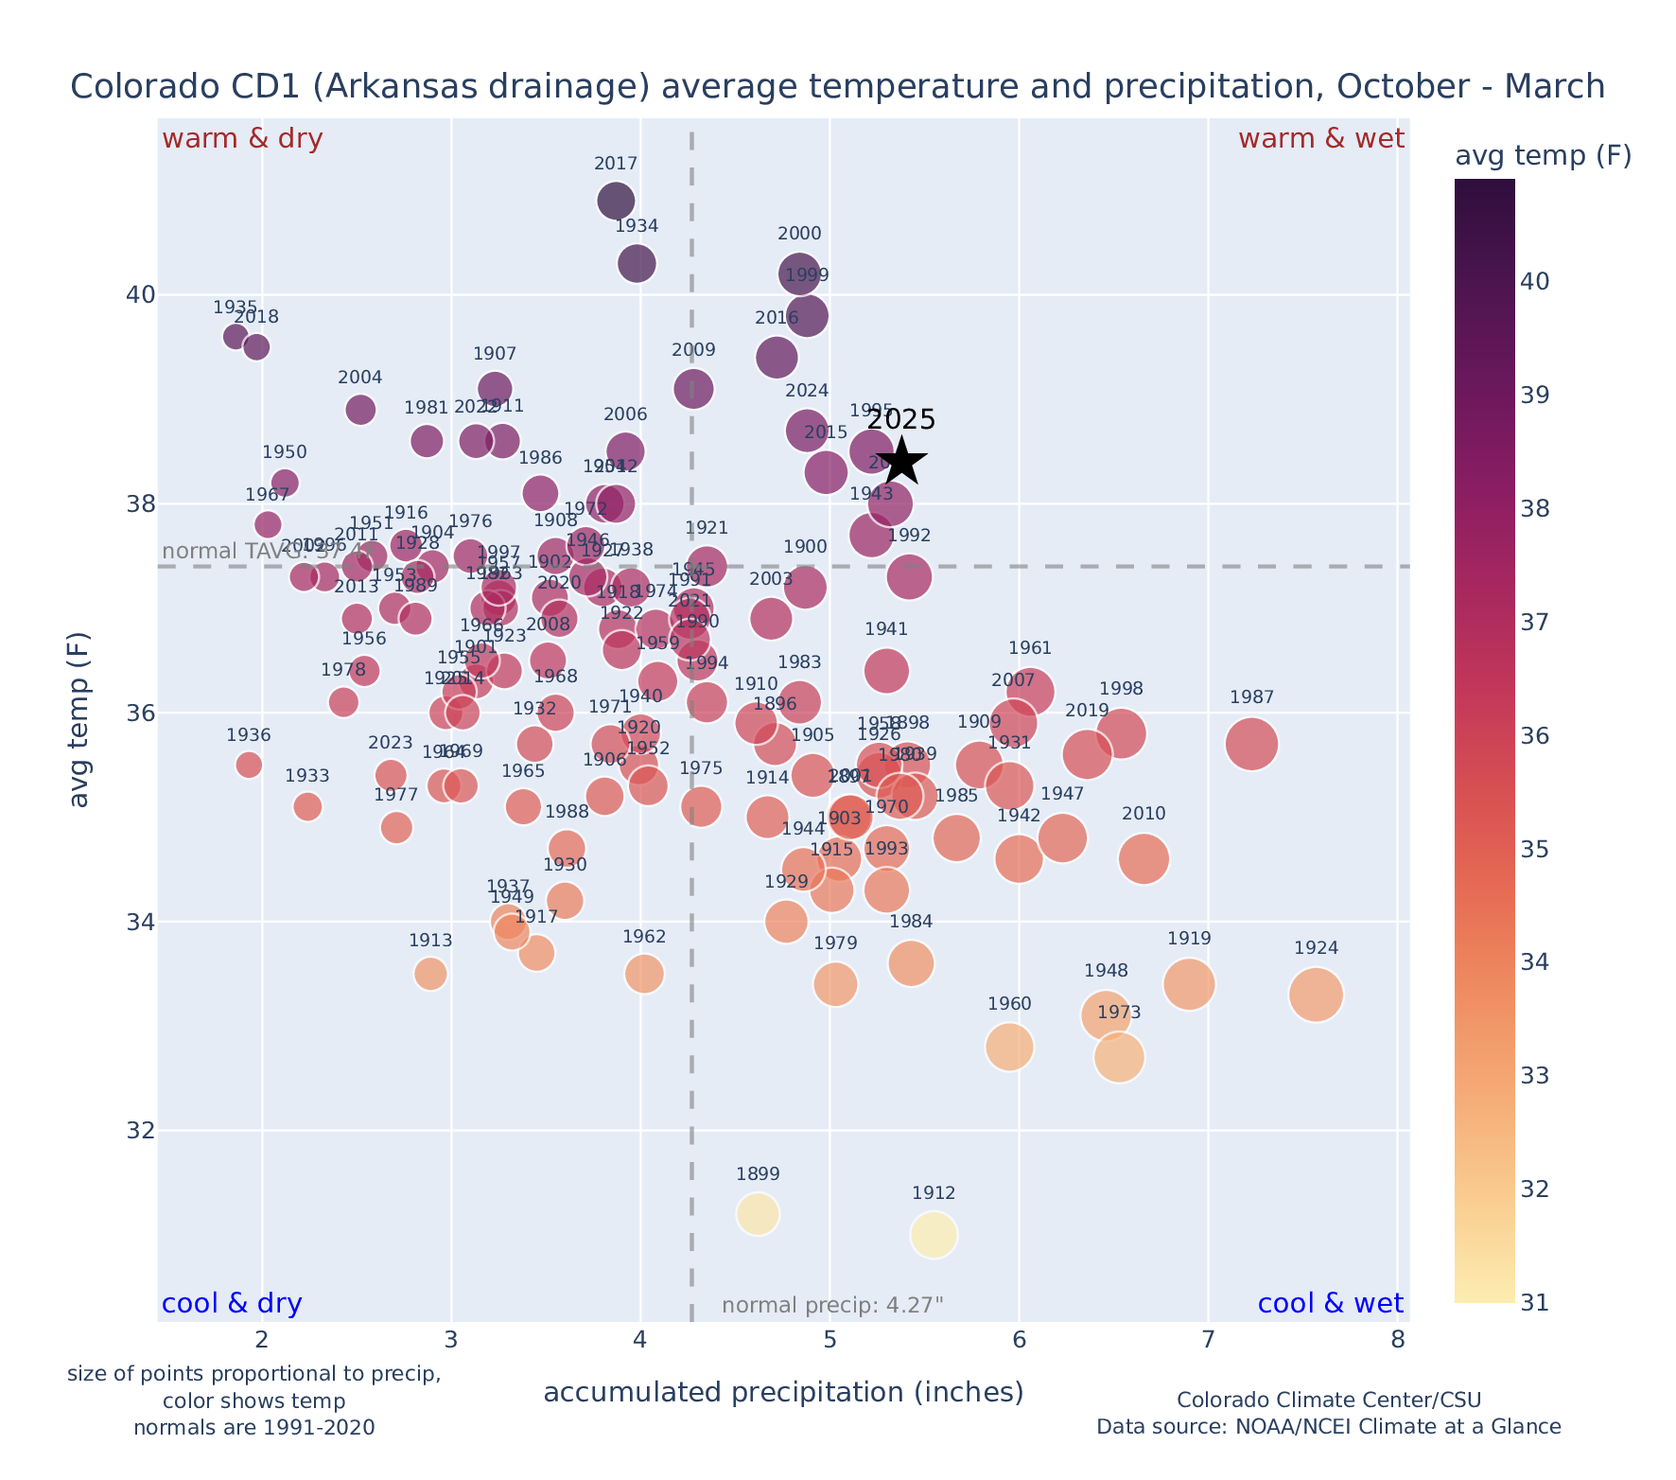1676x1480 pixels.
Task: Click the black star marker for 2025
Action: (x=901, y=462)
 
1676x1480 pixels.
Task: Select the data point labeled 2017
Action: (x=616, y=201)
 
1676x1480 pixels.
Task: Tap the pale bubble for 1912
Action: (x=934, y=1235)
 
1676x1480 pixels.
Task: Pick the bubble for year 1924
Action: (x=1315, y=995)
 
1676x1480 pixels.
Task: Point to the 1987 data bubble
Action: (x=1251, y=744)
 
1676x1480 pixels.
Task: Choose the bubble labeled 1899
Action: (x=758, y=1214)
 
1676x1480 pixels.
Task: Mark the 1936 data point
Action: (x=249, y=765)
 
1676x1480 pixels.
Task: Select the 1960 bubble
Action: (x=1008, y=1047)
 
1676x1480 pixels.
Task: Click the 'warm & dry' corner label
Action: (x=242, y=139)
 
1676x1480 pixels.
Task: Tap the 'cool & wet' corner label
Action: (x=1330, y=1304)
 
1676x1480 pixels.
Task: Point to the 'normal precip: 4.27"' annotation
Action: (x=832, y=1306)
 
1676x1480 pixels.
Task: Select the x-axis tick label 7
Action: (x=1208, y=1341)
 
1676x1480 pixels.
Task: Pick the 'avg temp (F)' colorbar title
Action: (x=1543, y=156)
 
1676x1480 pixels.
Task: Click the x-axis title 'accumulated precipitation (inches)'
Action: (x=783, y=1392)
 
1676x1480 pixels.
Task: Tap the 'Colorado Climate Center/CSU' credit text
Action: (x=1328, y=1400)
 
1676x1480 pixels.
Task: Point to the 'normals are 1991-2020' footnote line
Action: (x=253, y=1427)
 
